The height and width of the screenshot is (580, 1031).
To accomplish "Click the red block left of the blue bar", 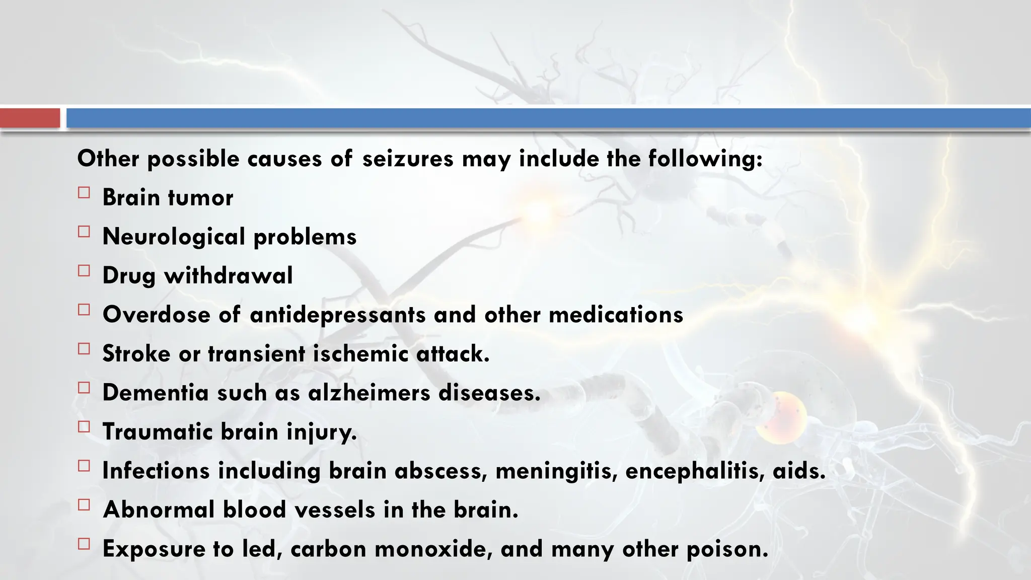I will click(30, 118).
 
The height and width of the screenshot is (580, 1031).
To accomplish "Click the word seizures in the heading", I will click(408, 159).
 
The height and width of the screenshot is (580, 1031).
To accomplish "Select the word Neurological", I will click(174, 237).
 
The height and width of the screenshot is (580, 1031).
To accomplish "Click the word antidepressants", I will click(337, 315).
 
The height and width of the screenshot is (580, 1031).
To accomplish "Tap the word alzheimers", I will click(369, 393).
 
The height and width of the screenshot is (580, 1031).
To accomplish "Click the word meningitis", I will click(556, 471).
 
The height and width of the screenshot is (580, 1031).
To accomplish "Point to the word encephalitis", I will click(695, 471).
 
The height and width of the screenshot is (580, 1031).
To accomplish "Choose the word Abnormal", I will click(159, 510).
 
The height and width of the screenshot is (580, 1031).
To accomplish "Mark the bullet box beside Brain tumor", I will click(84, 193).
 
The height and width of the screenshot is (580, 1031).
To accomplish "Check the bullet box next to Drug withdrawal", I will click(84, 271).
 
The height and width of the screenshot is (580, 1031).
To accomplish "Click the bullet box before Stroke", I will click(84, 349).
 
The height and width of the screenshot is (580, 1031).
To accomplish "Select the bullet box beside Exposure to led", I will click(84, 544).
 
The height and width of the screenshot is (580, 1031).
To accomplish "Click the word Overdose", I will click(156, 315).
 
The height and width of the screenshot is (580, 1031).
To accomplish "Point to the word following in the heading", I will click(705, 159).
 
